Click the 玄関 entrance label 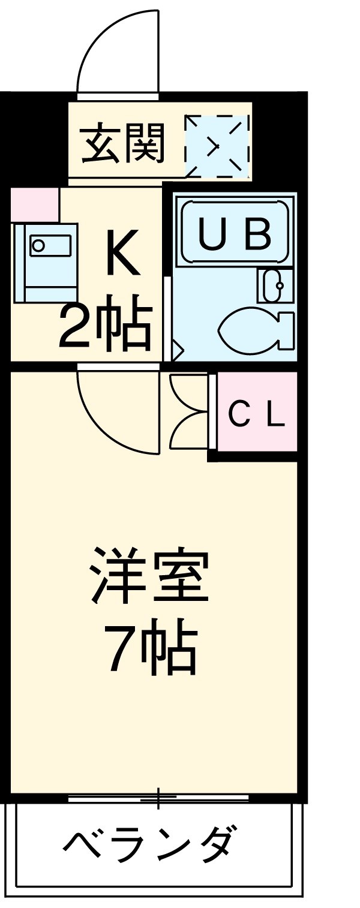(x=122, y=144)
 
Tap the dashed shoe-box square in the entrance (x=216, y=146)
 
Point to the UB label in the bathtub (x=235, y=234)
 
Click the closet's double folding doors (x=189, y=412)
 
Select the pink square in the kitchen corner (x=35, y=205)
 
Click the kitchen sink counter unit (x=47, y=263)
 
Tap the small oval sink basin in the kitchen (x=38, y=245)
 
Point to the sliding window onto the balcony (x=158, y=798)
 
